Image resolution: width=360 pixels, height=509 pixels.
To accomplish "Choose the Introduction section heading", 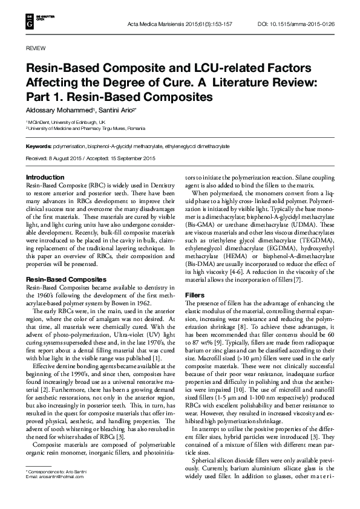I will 45,177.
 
